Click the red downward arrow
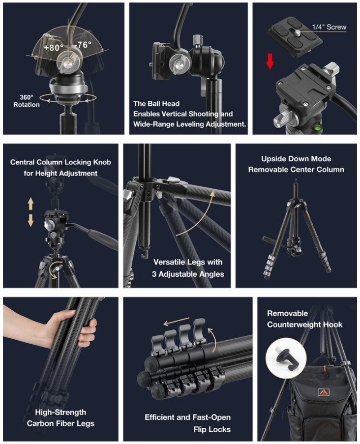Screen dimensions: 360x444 click(270, 61)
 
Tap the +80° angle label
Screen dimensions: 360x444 click(54, 48)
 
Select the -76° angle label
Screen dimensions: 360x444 click(83, 45)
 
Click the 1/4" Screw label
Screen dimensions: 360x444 click(329, 27)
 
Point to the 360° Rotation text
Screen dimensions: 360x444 click(27, 101)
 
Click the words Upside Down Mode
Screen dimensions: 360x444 click(296, 159)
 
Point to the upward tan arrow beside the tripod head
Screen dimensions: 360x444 click(30, 204)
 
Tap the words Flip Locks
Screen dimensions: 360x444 click(212, 429)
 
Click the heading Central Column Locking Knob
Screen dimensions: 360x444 click(60, 162)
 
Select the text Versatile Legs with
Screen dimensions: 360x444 click(188, 262)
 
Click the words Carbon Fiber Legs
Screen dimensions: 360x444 click(60, 423)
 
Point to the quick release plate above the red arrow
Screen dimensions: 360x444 click(295, 37)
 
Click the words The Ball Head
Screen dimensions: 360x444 click(156, 104)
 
